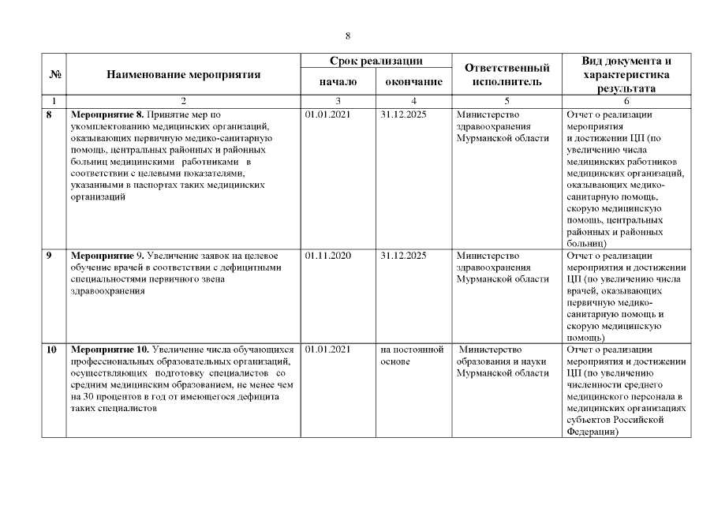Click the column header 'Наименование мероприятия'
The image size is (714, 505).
pyautogui.click(x=183, y=75)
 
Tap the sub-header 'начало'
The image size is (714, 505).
pyautogui.click(x=338, y=82)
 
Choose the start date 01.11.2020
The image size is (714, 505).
pyautogui.click(x=327, y=256)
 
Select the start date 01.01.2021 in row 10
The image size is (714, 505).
pyautogui.click(x=327, y=350)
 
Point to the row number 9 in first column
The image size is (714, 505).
pyautogui.click(x=50, y=256)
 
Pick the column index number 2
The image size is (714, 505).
pyautogui.click(x=183, y=101)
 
